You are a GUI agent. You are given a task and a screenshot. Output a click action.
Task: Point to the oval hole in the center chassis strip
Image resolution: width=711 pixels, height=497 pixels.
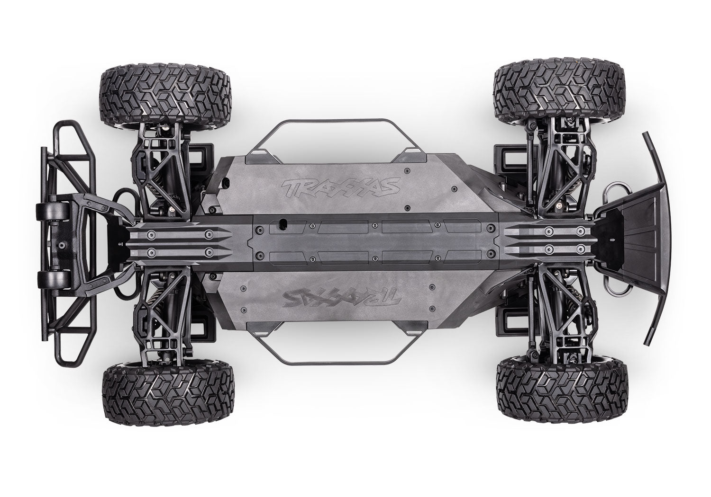point(284,221)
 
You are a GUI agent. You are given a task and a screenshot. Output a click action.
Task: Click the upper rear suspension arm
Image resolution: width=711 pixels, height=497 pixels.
point(562,163)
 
